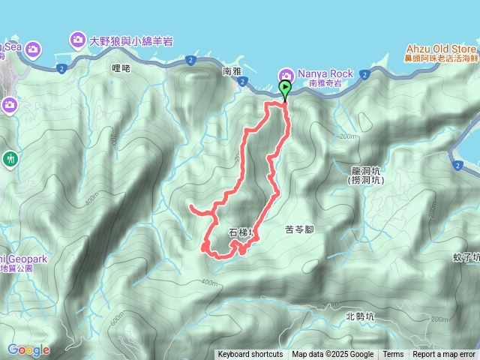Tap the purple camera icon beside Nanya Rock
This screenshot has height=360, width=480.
286,74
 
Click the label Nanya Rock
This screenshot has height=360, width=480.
326,73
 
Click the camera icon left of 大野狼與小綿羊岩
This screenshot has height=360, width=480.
78,39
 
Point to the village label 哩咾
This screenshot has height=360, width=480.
121,68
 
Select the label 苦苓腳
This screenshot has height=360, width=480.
302,229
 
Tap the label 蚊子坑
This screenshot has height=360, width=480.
466,257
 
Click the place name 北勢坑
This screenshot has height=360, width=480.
361,316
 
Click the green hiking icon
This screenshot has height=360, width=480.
10,158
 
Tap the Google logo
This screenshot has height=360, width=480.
28,349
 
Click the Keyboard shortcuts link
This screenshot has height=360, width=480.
250,355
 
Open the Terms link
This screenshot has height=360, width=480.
393,355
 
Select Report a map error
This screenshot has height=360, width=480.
444,355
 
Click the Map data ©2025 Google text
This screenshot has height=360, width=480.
332,355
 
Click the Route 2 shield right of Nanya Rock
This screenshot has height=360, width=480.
364,74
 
